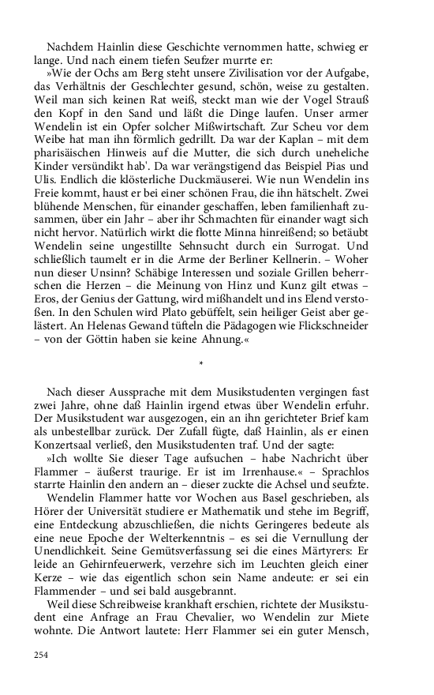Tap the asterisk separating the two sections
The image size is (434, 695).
(x=202, y=365)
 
